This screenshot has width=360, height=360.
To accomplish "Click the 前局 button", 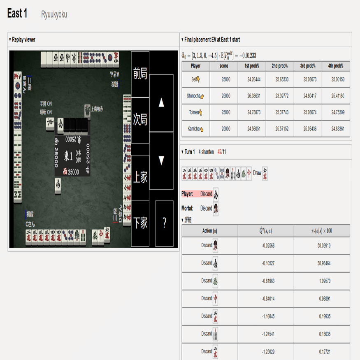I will pos(140,74).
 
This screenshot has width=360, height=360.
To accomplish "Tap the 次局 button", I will pos(140,120).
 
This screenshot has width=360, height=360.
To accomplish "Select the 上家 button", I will pos(140,178).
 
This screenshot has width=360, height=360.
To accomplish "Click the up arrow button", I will pos(161,103).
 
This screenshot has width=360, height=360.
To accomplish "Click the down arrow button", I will pos(161,160).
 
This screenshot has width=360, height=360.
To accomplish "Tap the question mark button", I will pos(164,223).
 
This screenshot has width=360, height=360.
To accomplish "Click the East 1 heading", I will pos(17,14).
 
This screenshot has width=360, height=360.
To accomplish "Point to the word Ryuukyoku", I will pos(54,15).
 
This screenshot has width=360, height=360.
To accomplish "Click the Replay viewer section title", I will pos(23,40).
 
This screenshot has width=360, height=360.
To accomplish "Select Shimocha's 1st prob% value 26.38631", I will pos(252,96).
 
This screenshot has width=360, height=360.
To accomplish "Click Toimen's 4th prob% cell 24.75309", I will pos(336,112).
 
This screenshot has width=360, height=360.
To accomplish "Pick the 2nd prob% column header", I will pos(280,66).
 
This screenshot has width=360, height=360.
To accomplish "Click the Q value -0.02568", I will pos(266,246).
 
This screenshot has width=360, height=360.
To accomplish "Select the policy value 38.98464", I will pos(322,263).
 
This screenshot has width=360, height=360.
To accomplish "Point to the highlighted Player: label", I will pos(188,194).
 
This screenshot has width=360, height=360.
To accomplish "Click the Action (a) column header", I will pos(209,231).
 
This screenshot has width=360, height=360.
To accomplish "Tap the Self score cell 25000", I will pos(224,79).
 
